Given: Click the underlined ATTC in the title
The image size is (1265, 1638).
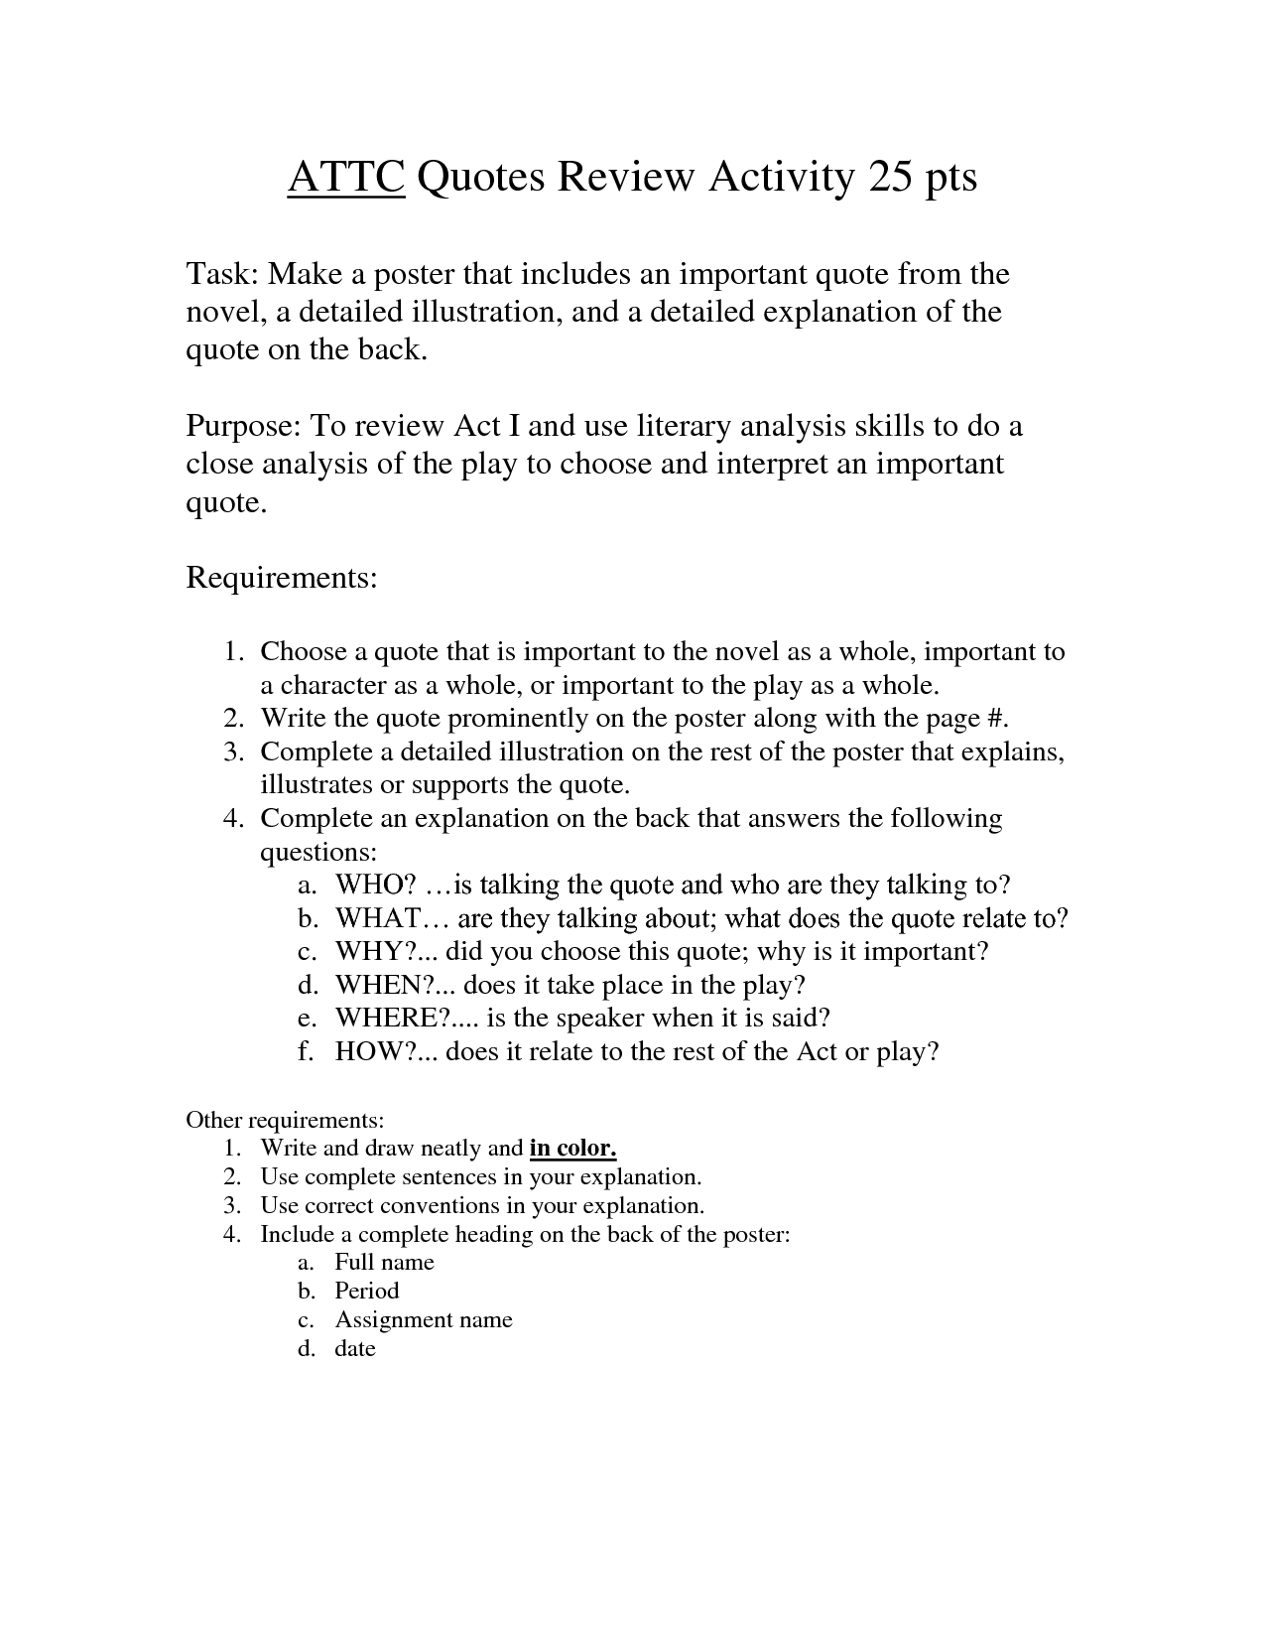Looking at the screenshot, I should coord(346,178).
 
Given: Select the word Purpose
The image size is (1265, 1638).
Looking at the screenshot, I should coord(242,426).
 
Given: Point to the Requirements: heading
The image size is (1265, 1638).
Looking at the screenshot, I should coord(282,577).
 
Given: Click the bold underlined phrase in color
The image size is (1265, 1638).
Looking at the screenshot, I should coord(573,1149).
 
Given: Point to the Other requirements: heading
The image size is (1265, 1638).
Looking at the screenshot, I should coord(285,1120).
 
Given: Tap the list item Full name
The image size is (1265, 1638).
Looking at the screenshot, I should coord(384,1262).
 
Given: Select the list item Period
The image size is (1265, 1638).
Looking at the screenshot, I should coord(367,1291).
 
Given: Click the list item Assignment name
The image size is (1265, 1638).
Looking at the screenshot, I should coord(424,1319).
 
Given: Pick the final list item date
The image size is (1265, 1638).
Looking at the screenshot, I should coord(355,1348).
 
